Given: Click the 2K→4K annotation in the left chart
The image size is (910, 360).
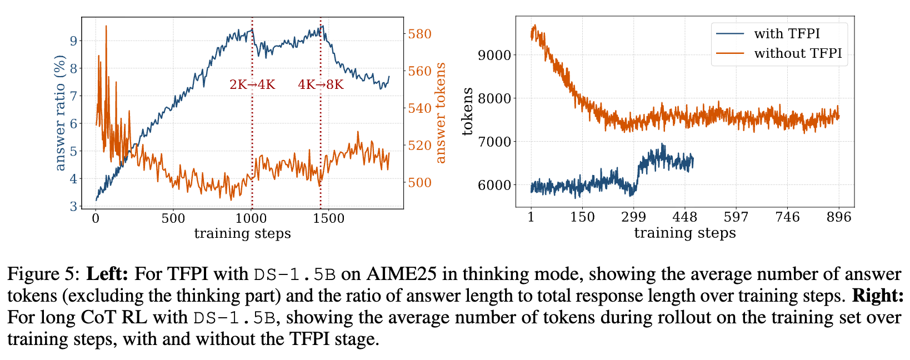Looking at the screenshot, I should tap(252, 85).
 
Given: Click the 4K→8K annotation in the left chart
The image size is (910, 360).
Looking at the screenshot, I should tap(321, 85).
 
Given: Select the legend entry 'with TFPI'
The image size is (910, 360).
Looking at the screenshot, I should tap(787, 33).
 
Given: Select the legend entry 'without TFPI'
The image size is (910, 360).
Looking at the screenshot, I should tap(798, 53).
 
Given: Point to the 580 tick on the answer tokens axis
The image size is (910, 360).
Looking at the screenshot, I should tap(420, 34).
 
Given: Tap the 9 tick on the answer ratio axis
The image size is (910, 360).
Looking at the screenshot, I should tap(73, 41).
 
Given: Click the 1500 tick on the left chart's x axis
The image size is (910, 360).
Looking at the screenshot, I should tap(328, 218).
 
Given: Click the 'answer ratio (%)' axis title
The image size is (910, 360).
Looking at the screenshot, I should tap(60, 113).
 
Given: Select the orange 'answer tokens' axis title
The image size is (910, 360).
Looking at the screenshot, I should tap(441, 113).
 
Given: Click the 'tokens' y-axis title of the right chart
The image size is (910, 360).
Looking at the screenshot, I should tap(468, 112).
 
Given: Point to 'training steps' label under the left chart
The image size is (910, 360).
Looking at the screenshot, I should tap(242, 233).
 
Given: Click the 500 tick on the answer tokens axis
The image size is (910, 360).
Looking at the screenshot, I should tap(420, 183).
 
